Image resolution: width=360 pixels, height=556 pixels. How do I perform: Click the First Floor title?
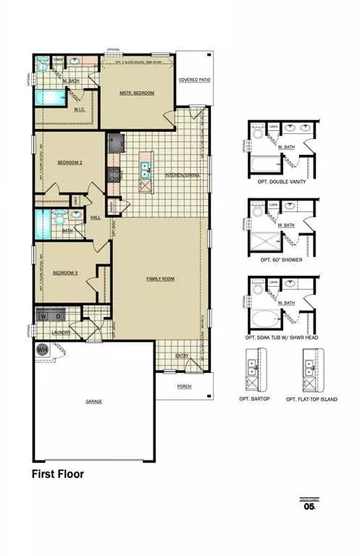click(x=57, y=475)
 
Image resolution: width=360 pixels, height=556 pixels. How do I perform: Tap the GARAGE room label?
click(x=93, y=400)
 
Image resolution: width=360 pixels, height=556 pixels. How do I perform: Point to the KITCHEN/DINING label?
click(x=183, y=175)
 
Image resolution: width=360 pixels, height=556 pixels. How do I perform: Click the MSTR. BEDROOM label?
click(x=137, y=93)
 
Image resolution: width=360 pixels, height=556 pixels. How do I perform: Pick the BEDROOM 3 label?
click(x=65, y=273)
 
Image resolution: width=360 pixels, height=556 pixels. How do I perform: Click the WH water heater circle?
click(x=42, y=349)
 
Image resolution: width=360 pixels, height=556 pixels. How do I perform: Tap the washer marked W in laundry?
click(x=43, y=316)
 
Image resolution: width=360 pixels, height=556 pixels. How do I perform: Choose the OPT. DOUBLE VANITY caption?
click(x=277, y=182)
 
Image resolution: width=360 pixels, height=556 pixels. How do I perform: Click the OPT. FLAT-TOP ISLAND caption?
click(x=311, y=399)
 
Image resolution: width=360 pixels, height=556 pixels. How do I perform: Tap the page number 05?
click(x=310, y=507)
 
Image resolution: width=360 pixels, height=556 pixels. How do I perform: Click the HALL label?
click(x=96, y=216)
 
